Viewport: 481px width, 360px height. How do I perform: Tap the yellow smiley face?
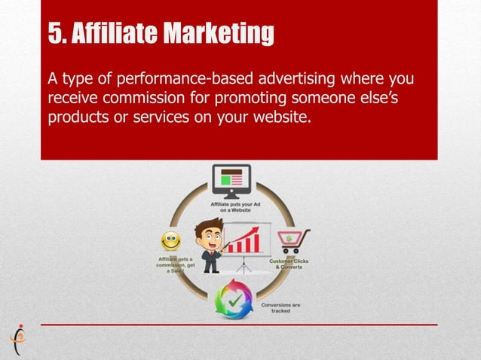click(171, 241)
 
